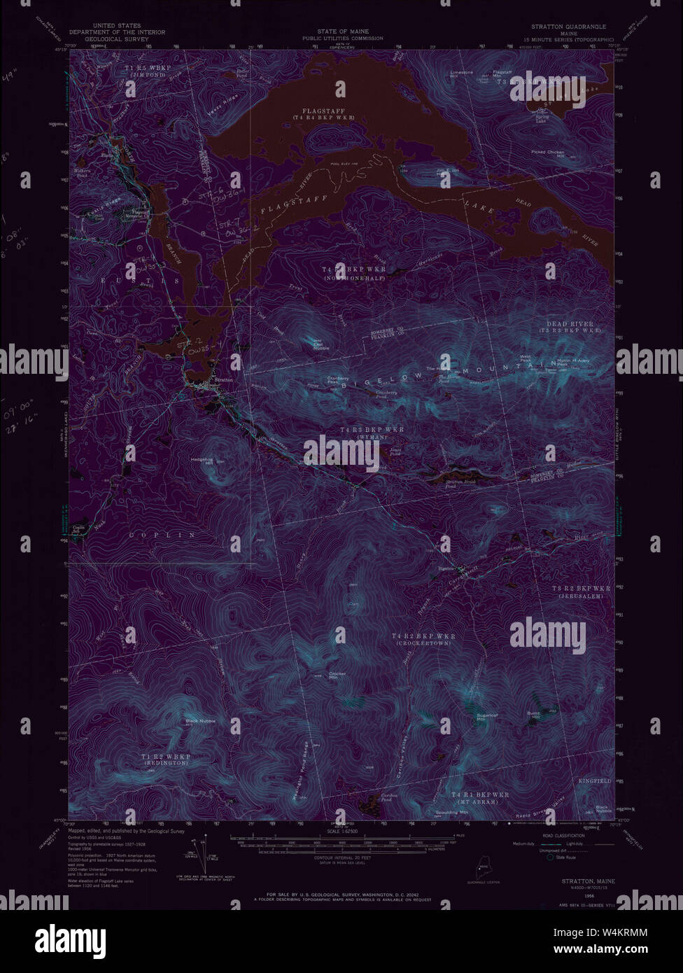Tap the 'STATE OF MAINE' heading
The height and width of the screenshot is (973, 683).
[342, 31]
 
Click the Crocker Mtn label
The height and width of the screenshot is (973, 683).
[338, 676]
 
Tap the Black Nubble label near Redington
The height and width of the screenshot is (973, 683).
[200, 720]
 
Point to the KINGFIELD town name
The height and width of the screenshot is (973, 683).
[595, 780]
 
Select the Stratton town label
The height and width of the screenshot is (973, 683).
[224, 380]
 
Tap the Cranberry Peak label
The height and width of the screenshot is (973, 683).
[338, 380]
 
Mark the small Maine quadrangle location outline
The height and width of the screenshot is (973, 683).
[481, 873]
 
